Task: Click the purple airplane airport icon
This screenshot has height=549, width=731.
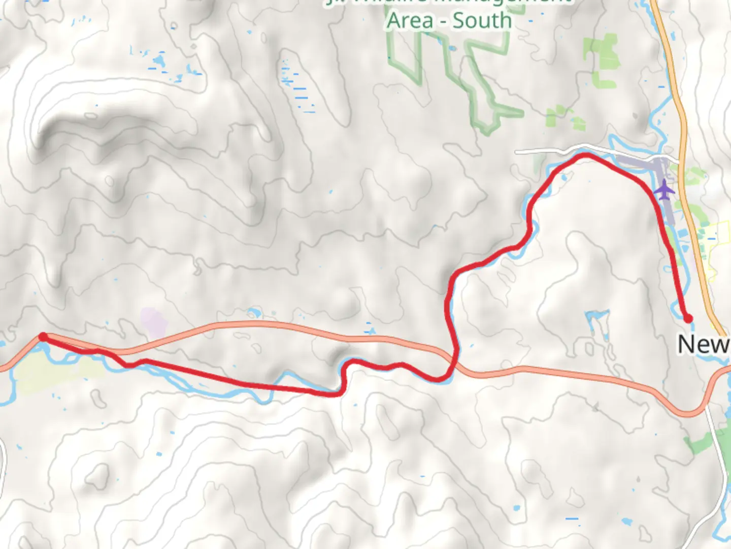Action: point(664,190)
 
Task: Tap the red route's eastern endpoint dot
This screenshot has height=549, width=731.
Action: point(688,319)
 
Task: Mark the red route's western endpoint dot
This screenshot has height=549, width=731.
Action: point(44,337)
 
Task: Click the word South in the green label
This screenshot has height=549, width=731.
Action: point(482,21)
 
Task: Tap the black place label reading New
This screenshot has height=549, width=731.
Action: point(704,345)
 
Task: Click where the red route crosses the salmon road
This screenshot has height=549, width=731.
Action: point(454,361)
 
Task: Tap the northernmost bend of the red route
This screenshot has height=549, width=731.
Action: point(585,155)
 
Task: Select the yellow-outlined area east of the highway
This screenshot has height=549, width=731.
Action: point(718,244)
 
